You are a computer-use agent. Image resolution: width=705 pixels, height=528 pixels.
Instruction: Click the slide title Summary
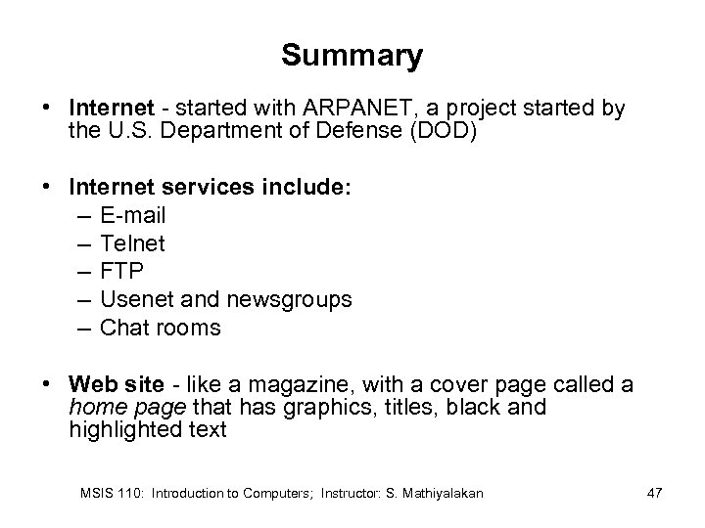(352, 56)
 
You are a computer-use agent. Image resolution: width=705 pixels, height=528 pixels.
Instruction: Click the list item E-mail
(133, 214)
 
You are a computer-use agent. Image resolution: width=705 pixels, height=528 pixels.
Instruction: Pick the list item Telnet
(133, 242)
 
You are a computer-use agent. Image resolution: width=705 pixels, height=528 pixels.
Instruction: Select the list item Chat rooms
(161, 328)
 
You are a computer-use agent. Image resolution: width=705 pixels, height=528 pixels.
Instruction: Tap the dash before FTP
(83, 271)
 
